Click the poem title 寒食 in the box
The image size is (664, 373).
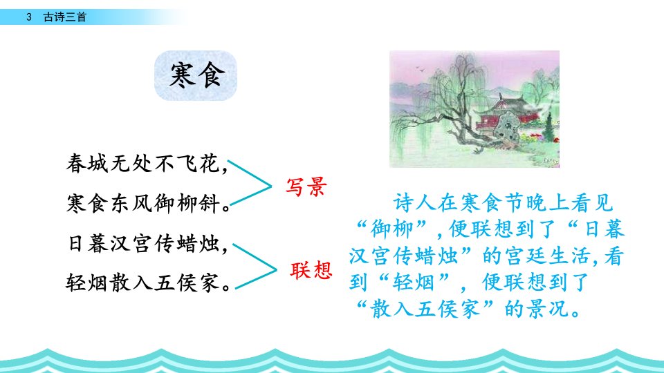coord(196,75)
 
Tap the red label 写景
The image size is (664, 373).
coord(306,186)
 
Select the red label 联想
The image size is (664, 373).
coord(311,270)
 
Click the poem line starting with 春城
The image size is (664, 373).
coord(147,163)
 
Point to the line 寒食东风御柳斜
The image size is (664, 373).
coord(148,203)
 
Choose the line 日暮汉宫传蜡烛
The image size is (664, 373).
coord(148,244)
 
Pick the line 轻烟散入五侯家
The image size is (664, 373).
coord(148,283)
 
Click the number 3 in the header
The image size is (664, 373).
coord(29,17)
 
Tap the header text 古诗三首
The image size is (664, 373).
coord(65,17)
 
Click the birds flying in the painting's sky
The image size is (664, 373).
coord(421,68)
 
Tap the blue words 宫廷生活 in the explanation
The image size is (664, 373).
coord(548,256)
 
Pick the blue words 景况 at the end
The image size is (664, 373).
coord(548,309)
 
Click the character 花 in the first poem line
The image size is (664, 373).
coord(210,163)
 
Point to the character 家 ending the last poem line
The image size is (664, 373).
coord(211,283)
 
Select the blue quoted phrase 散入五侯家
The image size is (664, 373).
coord(425,309)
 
